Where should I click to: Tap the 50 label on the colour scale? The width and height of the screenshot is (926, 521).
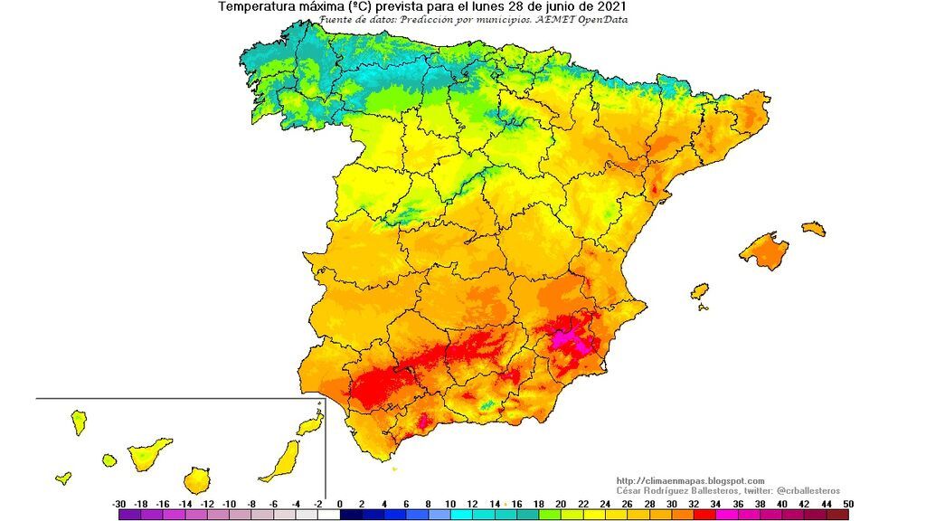coord(847,504)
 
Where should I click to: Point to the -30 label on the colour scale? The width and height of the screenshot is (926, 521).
coord(118,504)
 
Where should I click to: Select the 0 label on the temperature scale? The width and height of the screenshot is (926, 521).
coord(340,504)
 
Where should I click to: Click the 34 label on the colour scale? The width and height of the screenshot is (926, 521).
coord(716,504)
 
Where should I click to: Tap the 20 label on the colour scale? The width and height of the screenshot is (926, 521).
coord(561,504)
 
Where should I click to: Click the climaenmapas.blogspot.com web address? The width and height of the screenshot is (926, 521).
coord(690,480)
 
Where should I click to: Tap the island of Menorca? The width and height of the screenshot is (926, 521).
coord(814,229)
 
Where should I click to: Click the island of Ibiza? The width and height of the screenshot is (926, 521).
coord(699,292)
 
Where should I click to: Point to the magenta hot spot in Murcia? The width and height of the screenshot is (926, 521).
coord(571,338)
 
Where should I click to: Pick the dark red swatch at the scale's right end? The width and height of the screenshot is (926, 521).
coord(837,515)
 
